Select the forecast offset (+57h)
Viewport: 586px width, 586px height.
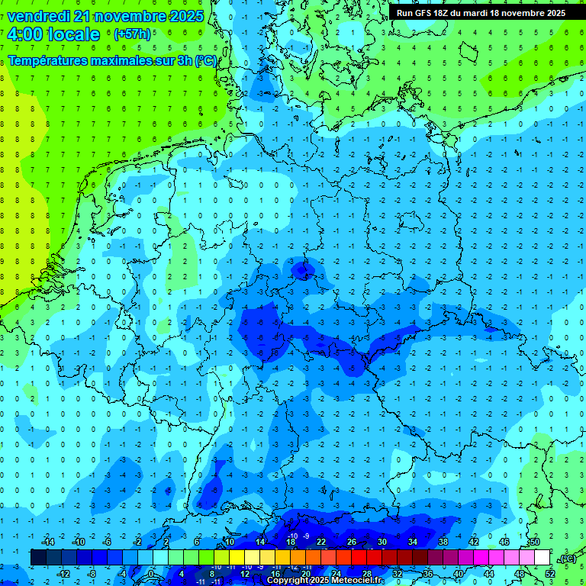132,34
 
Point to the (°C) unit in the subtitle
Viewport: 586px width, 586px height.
205,60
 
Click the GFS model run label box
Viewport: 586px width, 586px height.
481,13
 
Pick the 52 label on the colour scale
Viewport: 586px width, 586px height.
550,574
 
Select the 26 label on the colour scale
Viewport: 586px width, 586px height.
352,541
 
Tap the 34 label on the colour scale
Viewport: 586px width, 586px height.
413,541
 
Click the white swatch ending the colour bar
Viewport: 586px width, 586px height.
543,558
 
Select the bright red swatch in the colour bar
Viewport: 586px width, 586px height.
359,558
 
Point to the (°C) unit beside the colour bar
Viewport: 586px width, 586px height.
567,558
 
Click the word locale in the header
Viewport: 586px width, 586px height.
73,34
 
